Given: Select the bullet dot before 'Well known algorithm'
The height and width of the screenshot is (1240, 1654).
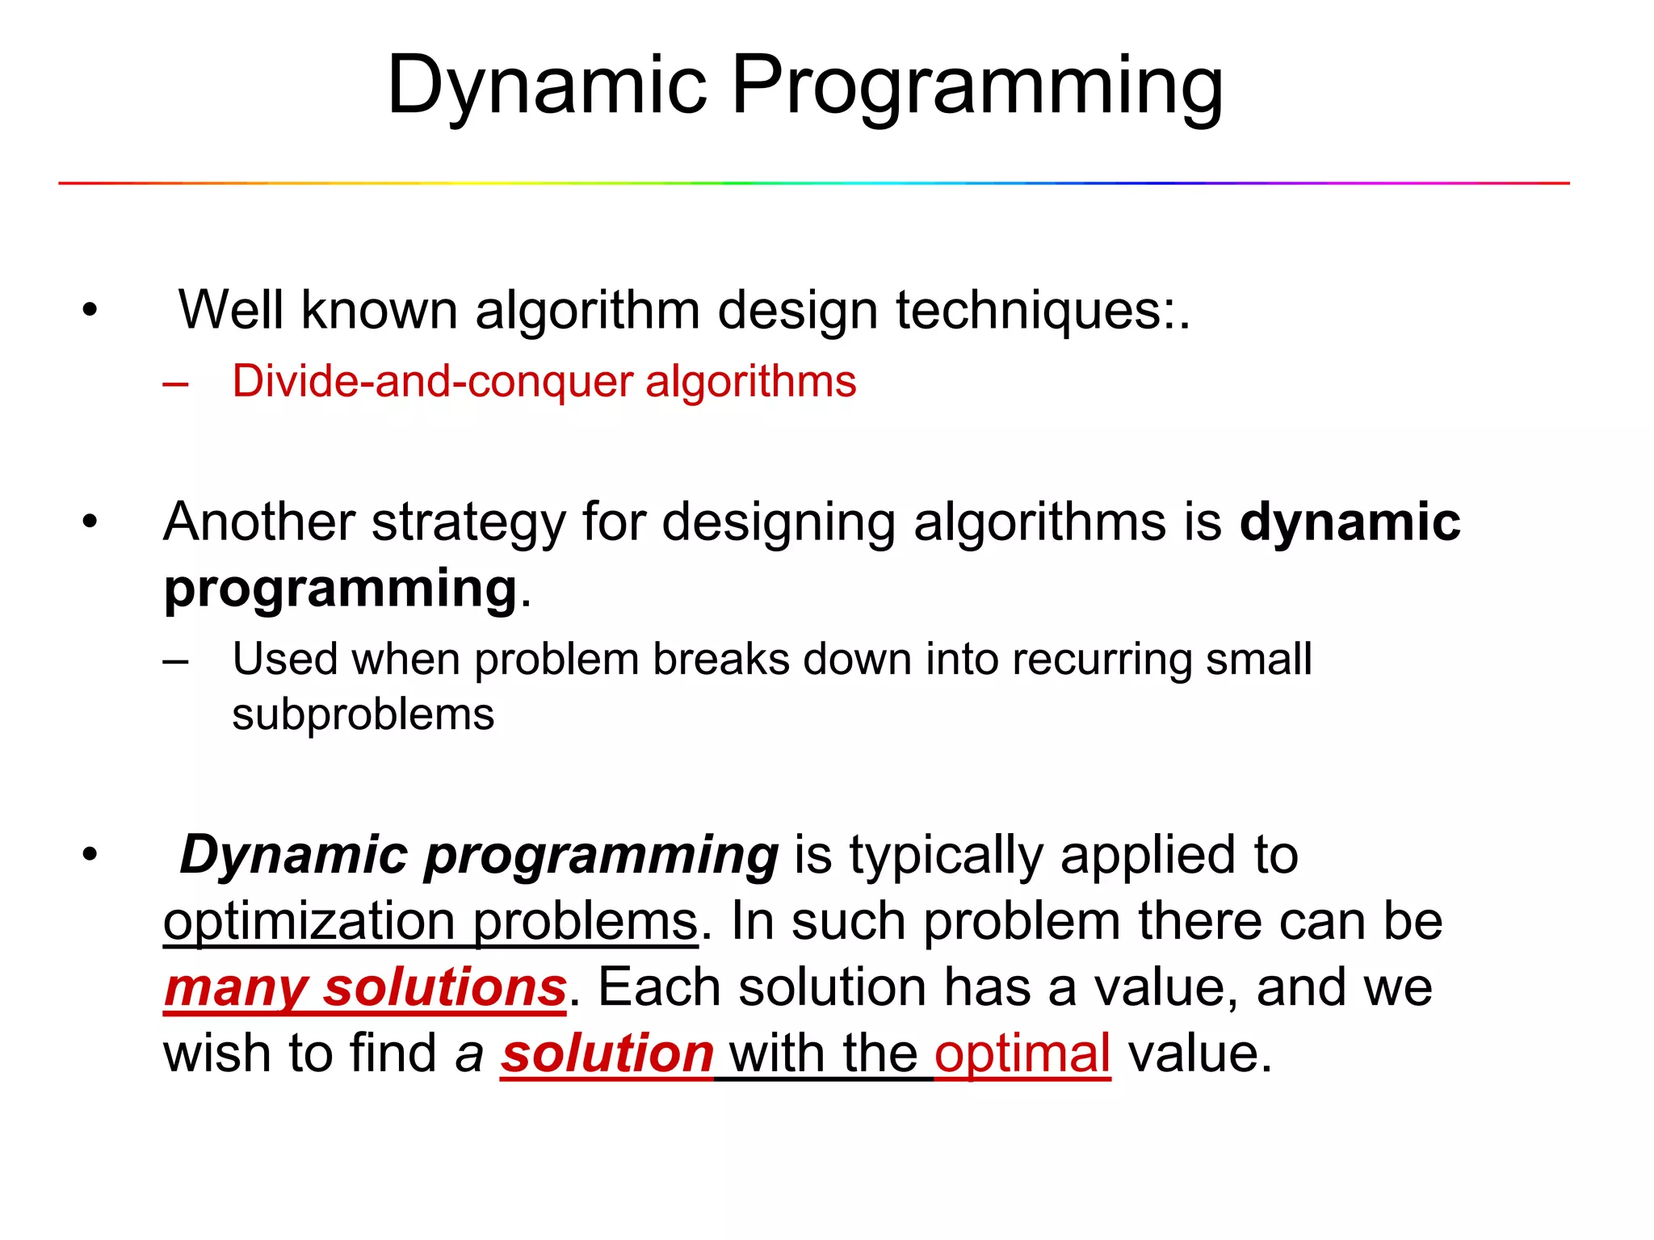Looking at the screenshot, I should point(90,309).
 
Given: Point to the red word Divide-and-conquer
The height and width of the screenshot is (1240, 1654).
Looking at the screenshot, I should point(432,381).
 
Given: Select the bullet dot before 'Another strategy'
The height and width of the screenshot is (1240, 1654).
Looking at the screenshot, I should point(90,522).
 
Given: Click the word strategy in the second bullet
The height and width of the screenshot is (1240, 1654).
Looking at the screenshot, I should point(468,522).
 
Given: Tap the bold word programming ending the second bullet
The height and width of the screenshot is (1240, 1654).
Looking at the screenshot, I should point(340,589).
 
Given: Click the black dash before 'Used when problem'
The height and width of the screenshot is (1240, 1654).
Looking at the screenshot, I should point(175,661).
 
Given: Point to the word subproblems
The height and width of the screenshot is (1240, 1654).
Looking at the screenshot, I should point(363,715).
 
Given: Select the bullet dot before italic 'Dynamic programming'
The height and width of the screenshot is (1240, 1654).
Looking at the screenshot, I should point(90,854).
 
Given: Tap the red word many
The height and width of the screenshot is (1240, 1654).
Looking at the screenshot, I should point(235,989).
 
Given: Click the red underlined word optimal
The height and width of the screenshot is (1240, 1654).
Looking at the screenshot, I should point(1022,1054).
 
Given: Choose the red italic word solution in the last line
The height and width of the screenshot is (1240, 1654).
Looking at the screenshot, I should point(607,1054).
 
